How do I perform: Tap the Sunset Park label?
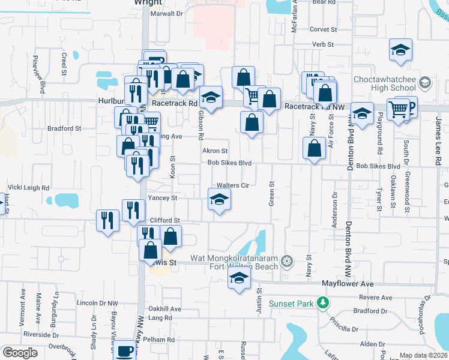coord(292,304)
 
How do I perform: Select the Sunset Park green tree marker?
coord(324,302)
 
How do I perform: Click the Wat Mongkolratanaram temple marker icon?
coord(288,260)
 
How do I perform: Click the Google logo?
coord(20,353)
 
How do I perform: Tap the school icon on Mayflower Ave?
coord(239,278)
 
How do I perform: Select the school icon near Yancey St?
coord(219,199)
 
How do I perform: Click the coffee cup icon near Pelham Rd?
coord(125,351)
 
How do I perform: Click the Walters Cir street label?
coord(232,185)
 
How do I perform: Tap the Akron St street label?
coord(215,151)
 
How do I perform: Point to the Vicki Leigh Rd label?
coord(29,188)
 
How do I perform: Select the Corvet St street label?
coord(324,29)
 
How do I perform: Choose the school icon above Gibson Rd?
coord(211,97)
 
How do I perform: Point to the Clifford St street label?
coord(164,220)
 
